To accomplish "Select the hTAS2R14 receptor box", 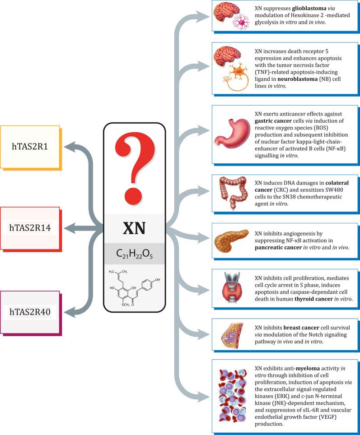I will point(30,227).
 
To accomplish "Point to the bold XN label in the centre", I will point(134,228).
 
